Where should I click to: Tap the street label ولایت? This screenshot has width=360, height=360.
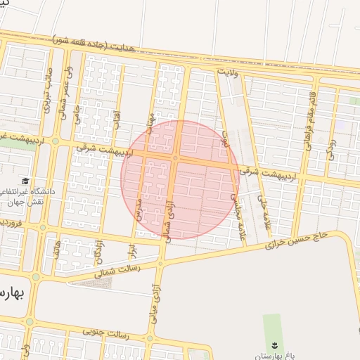pyautogui.click(x=229, y=72)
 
